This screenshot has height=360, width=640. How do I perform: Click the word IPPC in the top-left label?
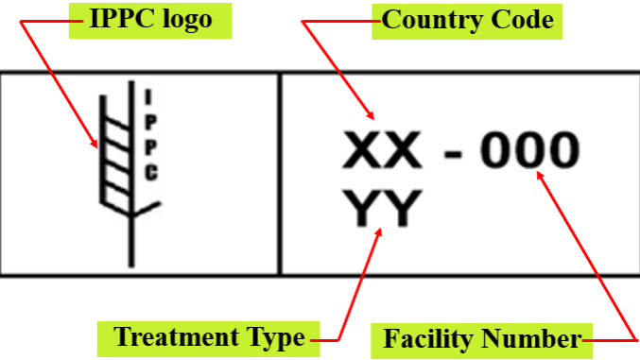pos(122,19)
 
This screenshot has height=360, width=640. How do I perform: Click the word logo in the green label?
pos(187,21)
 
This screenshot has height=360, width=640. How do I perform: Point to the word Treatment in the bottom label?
pos(176,336)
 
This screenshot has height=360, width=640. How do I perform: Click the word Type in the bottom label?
pos(275,338)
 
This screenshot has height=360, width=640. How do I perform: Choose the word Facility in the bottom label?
pos(427,339)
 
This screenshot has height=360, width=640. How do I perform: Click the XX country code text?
pos(382,150)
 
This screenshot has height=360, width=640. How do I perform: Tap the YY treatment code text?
pos(382,208)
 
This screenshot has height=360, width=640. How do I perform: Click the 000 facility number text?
pos(529,150)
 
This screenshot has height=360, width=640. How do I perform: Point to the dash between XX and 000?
pos(453,154)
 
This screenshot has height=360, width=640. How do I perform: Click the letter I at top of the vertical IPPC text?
pos(148,96)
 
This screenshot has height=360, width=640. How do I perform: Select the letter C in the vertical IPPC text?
pos(151,173)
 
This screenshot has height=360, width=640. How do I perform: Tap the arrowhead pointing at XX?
pos(371,115)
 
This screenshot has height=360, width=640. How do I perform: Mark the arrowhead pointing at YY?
pos(379,231)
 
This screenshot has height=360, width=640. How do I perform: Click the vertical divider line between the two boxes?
pos(280,174)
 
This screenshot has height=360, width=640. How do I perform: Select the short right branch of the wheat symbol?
pos(147,209)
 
